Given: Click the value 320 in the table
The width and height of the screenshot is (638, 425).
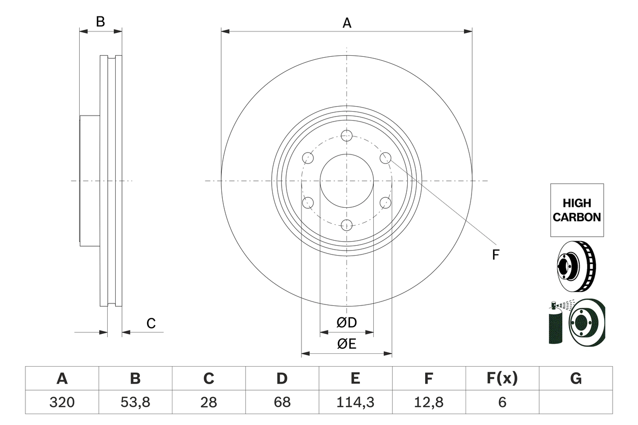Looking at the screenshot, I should click(62, 402).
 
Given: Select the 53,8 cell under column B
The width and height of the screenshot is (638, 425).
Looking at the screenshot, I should click(135, 402).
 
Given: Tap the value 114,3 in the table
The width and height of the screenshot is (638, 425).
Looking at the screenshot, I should click(355, 402).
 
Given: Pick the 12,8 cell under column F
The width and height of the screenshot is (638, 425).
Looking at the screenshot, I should click(428, 402).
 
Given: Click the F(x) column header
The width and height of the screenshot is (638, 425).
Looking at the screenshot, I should click(501, 379).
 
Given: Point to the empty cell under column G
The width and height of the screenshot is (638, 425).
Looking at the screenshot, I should click(575, 402).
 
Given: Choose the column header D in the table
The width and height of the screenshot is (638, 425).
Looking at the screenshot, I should click(282, 379).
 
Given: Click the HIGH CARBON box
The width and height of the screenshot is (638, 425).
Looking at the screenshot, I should click(577, 210).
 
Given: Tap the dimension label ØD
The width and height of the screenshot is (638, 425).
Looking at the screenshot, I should click(347, 323).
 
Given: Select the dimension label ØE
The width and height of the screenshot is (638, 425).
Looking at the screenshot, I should click(347, 344).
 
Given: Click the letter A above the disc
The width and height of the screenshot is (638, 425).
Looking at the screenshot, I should click(347, 22).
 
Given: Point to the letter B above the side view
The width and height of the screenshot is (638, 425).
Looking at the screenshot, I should click(101, 21).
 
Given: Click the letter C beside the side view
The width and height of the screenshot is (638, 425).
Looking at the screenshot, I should click(151, 323).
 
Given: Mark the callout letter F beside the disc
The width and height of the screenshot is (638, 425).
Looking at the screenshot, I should click(495, 255).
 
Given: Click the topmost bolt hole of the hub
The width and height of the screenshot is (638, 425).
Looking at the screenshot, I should click(347, 136).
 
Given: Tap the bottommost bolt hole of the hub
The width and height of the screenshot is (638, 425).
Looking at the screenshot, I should click(347, 225).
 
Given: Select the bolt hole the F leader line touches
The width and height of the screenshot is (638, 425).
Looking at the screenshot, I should click(385, 158).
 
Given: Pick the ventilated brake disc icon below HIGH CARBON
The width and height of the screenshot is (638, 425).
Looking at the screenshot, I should click(575, 267).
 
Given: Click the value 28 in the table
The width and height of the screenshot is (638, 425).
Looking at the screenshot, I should click(208, 402).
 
